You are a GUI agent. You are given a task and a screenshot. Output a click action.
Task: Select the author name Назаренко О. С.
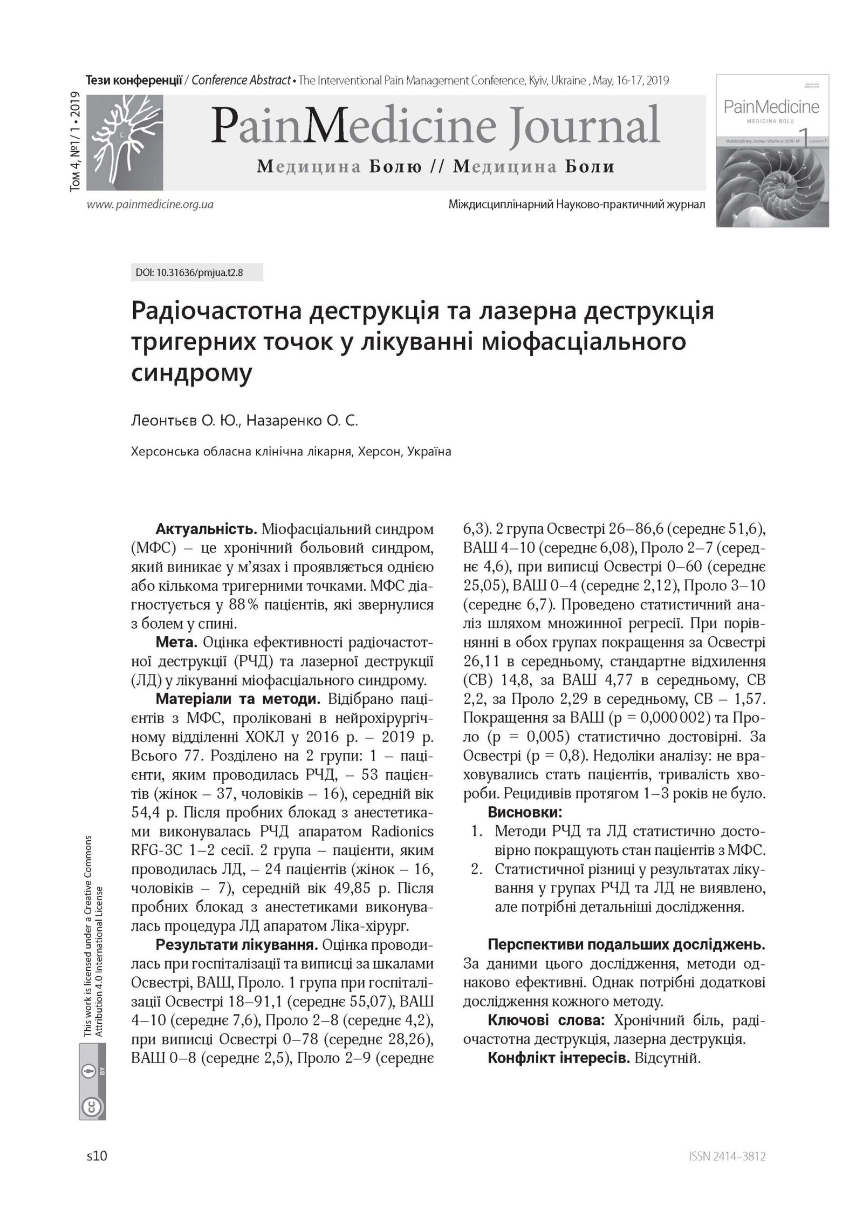[x=302, y=420]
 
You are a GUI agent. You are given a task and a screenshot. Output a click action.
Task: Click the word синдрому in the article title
[x=191, y=373]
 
